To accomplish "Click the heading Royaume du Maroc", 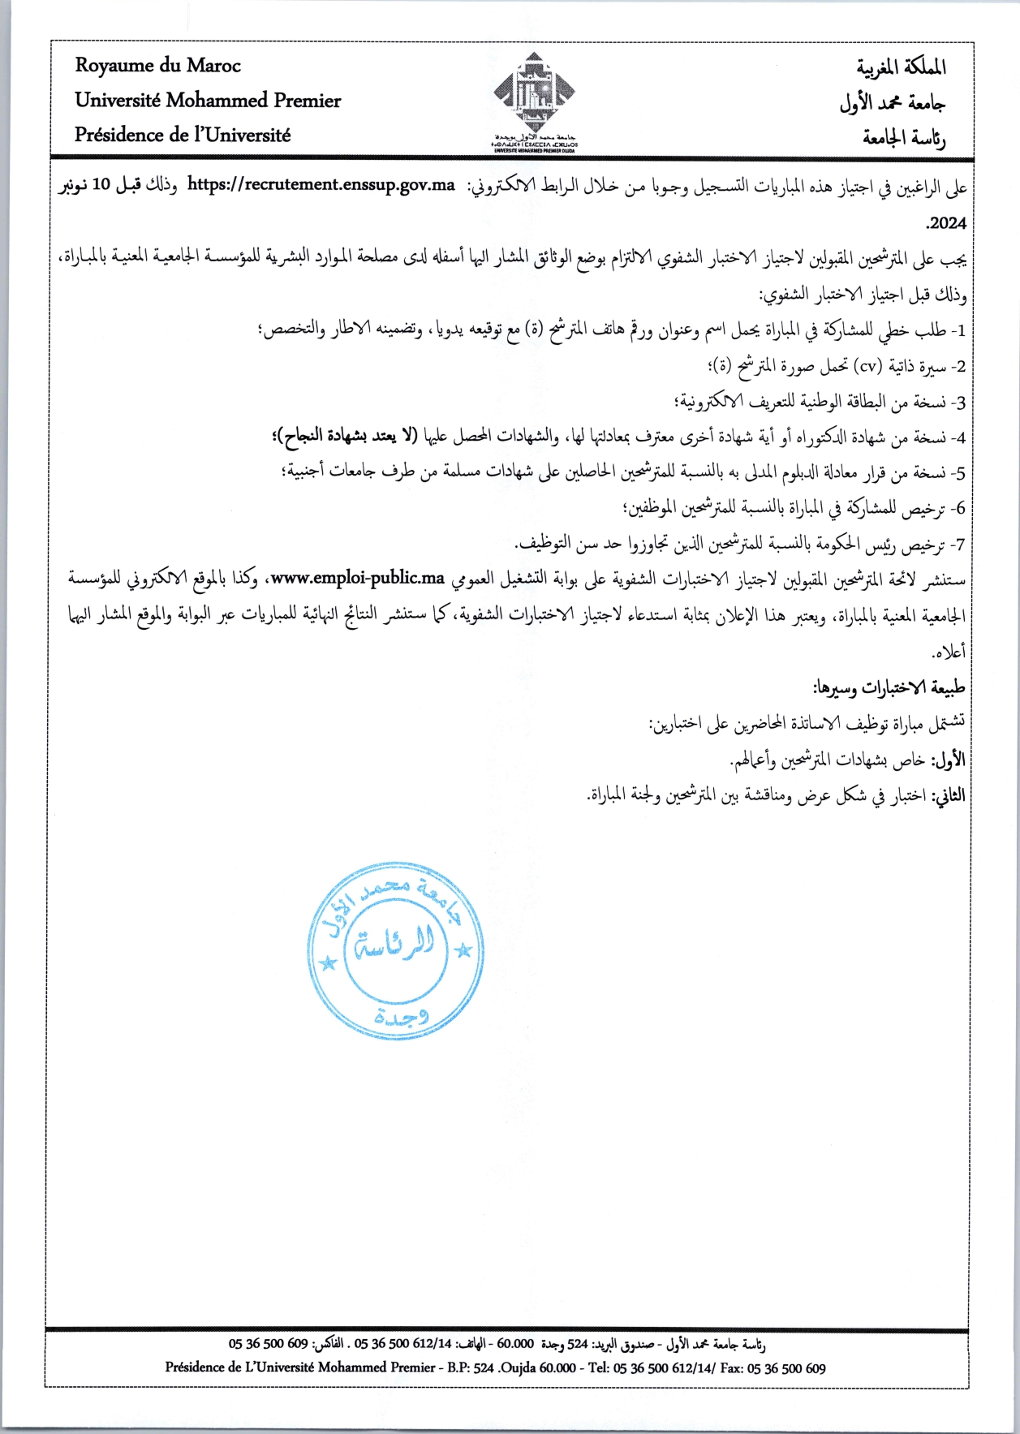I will pyautogui.click(x=158, y=66).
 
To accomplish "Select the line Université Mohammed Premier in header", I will pyautogui.click(x=208, y=101).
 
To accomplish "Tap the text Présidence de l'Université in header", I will pyautogui.click(x=183, y=135).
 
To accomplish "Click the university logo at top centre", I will pyautogui.click(x=534, y=97).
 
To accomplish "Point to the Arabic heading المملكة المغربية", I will pyautogui.click(x=902, y=67).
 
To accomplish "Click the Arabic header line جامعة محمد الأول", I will pyautogui.click(x=893, y=102).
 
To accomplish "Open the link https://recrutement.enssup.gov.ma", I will pyautogui.click(x=321, y=184).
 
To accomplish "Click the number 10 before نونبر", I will pyautogui.click(x=101, y=184).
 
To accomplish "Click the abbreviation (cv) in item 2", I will pyautogui.click(x=869, y=366).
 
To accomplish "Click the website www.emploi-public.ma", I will pyautogui.click(x=358, y=579).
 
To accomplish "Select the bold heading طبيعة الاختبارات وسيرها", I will pyautogui.click(x=889, y=688).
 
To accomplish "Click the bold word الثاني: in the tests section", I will pyautogui.click(x=947, y=796).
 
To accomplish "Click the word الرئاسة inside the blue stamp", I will pyautogui.click(x=395, y=943).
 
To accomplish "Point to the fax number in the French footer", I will pyautogui.click(x=786, y=1367).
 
